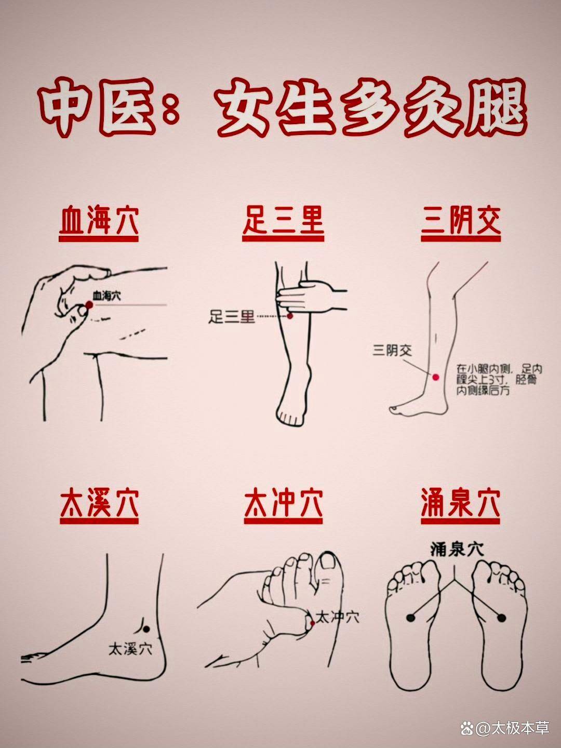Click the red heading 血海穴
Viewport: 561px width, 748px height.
click(99, 221)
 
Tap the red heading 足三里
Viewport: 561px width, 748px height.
click(283, 221)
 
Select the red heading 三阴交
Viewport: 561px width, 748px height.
click(461, 221)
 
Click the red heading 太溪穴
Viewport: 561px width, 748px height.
click(99, 503)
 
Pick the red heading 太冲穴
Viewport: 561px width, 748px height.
click(283, 503)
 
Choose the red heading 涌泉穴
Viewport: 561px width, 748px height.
click(461, 503)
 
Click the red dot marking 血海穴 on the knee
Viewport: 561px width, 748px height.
click(89, 305)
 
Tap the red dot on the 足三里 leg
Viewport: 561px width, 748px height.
click(290, 315)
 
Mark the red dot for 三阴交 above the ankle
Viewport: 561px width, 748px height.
click(436, 377)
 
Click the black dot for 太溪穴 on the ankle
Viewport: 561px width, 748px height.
click(146, 629)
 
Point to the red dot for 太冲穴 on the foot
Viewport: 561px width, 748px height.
click(312, 623)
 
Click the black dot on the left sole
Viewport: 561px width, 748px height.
click(410, 618)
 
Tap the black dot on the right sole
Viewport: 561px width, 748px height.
click(501, 618)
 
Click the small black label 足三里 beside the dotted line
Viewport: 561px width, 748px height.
click(232, 316)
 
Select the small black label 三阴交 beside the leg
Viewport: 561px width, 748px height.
click(392, 350)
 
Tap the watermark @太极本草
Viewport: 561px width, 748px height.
click(512, 728)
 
